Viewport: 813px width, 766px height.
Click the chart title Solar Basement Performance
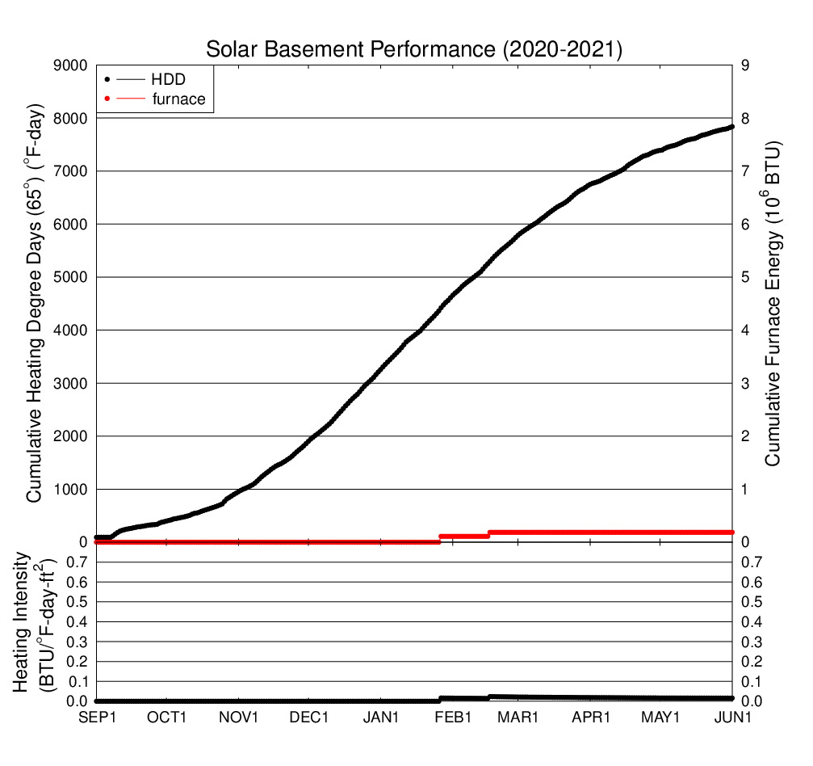pyautogui.click(x=414, y=49)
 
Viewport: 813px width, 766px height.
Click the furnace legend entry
pyautogui.click(x=178, y=99)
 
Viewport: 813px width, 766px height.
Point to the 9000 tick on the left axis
pyautogui.click(x=70, y=65)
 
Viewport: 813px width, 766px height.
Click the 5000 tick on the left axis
pyautogui.click(x=70, y=277)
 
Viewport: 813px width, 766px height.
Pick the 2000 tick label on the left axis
pyautogui.click(x=70, y=436)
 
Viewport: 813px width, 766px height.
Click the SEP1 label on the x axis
pyautogui.click(x=97, y=718)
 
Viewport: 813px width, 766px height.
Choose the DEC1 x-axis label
pyautogui.click(x=309, y=718)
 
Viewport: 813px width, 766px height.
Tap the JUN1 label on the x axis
pyautogui.click(x=734, y=718)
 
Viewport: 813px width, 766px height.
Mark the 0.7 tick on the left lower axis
pyautogui.click(x=77, y=562)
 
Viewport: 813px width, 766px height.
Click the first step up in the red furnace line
pyautogui.click(x=440, y=539)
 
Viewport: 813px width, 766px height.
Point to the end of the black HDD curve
pyautogui.click(x=731, y=127)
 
